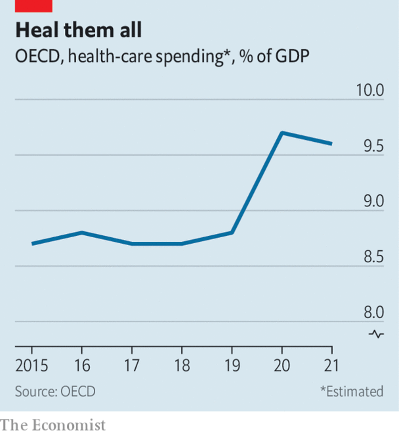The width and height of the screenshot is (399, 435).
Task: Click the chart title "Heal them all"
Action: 79,30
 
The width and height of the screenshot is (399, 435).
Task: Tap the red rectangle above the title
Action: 33,5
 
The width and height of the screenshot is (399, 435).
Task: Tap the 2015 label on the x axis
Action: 32,366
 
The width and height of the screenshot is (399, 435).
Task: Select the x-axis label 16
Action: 82,366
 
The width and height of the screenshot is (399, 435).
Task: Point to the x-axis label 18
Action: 182,366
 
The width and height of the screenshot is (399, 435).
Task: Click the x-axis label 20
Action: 282,366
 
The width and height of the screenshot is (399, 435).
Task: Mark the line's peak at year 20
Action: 282,133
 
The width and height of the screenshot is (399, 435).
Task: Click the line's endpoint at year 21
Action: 332,144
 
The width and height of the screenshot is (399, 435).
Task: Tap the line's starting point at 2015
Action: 32,244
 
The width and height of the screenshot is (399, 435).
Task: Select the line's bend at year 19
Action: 232,233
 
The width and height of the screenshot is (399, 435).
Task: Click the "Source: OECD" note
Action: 55,391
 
